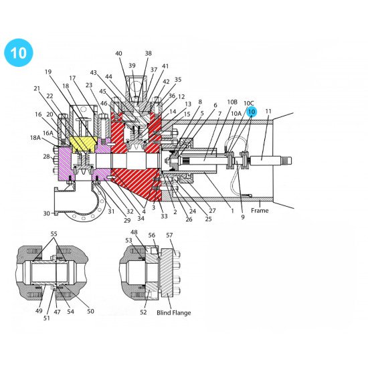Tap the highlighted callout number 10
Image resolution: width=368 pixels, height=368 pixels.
click(252, 112)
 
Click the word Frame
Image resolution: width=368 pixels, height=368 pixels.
click(260, 211)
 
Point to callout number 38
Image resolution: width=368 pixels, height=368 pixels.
click(148, 54)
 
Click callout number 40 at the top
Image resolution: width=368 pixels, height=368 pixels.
click(119, 54)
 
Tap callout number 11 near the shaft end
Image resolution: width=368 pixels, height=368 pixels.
click(269, 111)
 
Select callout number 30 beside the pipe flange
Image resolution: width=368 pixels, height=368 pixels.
click(47, 213)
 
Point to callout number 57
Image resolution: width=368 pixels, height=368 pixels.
click(169, 236)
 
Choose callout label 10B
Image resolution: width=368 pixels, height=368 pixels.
click(232, 102)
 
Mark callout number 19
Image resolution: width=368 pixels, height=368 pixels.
click(48, 72)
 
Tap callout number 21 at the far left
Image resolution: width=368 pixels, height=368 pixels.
click(37, 88)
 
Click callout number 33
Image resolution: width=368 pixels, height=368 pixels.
click(164, 216)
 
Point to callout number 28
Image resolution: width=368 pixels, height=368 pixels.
click(46, 157)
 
